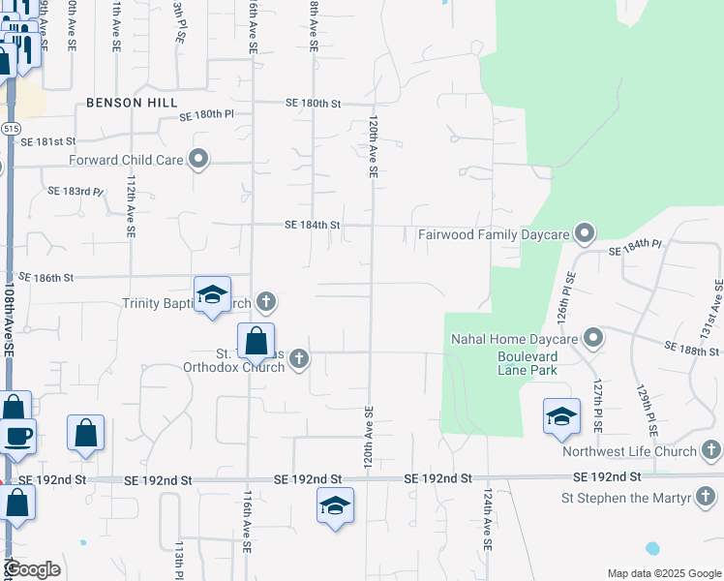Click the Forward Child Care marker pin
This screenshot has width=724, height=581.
point(199,159)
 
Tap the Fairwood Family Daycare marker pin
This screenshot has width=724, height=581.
point(585,232)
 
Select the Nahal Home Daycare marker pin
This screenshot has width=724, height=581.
point(594,338)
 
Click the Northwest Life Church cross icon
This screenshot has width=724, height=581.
point(710,450)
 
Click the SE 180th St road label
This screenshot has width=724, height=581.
point(315,103)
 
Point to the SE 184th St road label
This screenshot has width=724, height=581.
point(313,225)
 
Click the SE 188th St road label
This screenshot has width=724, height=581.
point(692,347)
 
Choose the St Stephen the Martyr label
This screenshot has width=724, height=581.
point(625,499)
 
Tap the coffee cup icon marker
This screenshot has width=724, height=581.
point(16,435)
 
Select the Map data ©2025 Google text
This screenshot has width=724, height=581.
point(663,573)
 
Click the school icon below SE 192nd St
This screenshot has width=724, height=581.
point(335,506)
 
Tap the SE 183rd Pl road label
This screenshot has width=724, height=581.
point(75,191)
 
